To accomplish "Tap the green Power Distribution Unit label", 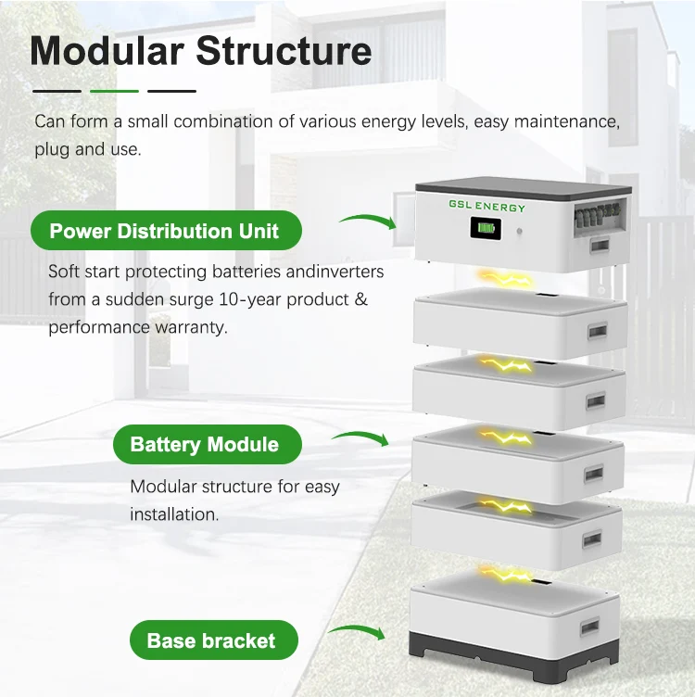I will pyautogui.click(x=164, y=231).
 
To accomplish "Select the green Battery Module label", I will pyautogui.click(x=205, y=445).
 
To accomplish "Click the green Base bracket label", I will pyautogui.click(x=211, y=640).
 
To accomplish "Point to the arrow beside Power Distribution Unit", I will pyautogui.click(x=367, y=221).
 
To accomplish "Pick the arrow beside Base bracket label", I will pyautogui.click(x=357, y=633).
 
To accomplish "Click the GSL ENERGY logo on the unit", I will pyautogui.click(x=487, y=207).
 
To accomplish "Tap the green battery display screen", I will pyautogui.click(x=486, y=229).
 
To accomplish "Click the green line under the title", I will pyautogui.click(x=114, y=91).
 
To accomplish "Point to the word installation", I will pyautogui.click(x=174, y=513).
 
